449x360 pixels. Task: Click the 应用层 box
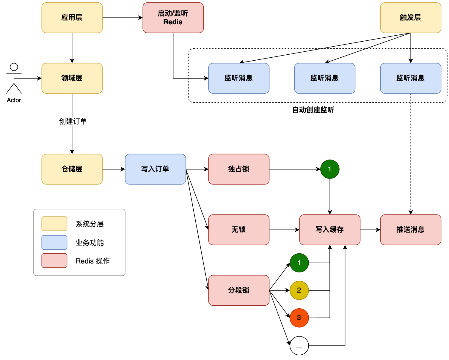click(72, 18)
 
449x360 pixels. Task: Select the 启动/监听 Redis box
click(173, 18)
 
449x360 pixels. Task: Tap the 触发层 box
click(411, 18)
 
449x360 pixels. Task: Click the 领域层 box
click(72, 78)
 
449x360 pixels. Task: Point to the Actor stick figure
click(14, 78)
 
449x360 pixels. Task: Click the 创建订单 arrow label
click(73, 121)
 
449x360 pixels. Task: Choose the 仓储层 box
click(72, 169)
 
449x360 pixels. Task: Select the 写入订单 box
click(156, 169)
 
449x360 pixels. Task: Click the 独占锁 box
click(239, 169)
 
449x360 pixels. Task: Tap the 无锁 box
click(239, 230)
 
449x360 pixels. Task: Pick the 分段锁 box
click(239, 290)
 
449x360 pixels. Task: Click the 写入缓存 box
click(330, 230)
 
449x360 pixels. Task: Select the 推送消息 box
click(411, 230)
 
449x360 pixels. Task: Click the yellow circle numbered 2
click(299, 290)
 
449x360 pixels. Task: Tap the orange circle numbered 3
click(299, 318)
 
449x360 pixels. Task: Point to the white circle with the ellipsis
click(299, 346)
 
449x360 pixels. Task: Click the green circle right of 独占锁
click(330, 169)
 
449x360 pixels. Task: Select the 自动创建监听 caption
click(313, 110)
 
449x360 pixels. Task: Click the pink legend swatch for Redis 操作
click(54, 261)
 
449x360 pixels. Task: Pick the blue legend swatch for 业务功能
click(54, 242)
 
